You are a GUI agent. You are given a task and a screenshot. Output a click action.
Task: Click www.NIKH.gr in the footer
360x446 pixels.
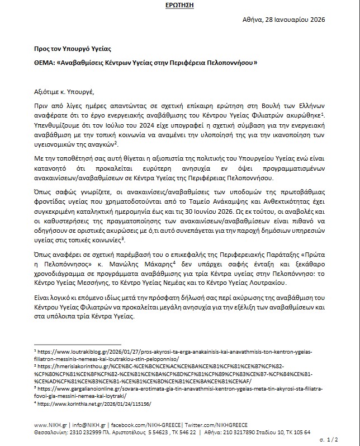48,424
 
